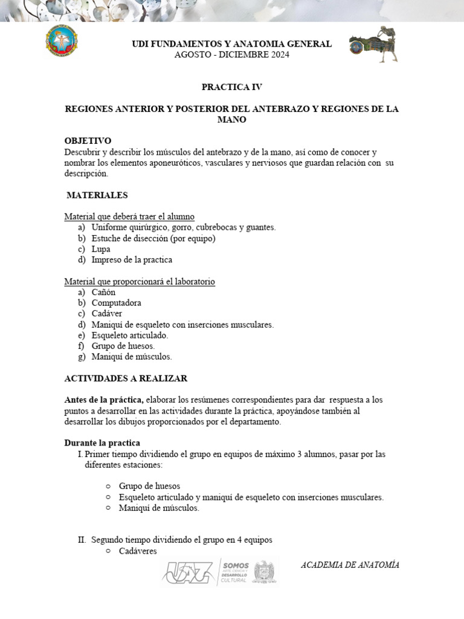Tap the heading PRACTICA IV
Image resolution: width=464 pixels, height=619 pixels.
pos(231,87)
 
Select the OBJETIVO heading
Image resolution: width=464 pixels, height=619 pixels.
pos(88,141)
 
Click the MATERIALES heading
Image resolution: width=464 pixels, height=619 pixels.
pos(97,195)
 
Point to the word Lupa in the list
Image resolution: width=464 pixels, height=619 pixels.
pos(101,249)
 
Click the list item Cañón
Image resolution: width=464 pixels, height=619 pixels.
pos(103,292)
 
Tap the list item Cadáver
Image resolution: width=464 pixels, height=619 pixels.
pos(107,314)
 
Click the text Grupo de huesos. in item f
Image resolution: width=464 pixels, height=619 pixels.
pos(123,346)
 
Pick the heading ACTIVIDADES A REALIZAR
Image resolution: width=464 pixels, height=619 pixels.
pos(126,378)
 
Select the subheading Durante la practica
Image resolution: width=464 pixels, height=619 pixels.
pos(102,443)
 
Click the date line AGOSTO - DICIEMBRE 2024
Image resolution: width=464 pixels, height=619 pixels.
pos(231,55)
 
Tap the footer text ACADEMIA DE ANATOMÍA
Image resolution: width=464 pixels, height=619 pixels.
pos(350,565)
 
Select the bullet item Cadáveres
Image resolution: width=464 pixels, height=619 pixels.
pos(138,551)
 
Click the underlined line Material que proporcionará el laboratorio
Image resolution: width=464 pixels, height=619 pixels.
pos(140,282)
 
